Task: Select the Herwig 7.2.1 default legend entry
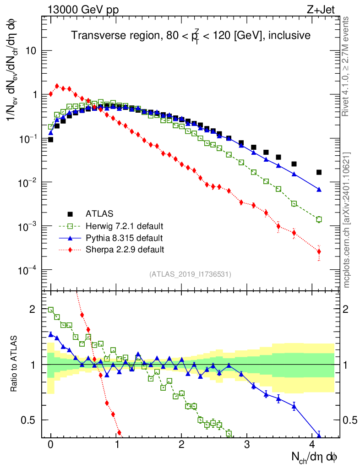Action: tap(124, 226)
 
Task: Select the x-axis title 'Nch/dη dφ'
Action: tap(315, 456)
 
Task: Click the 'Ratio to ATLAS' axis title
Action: tap(14, 364)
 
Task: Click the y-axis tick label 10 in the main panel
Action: tap(30, 51)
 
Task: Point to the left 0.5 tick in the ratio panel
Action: tap(28, 420)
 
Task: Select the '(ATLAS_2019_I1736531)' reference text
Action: tap(190, 274)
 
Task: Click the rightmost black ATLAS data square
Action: tap(319, 172)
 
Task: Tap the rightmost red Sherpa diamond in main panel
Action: tap(319, 251)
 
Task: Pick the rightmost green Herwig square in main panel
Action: tap(319, 219)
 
